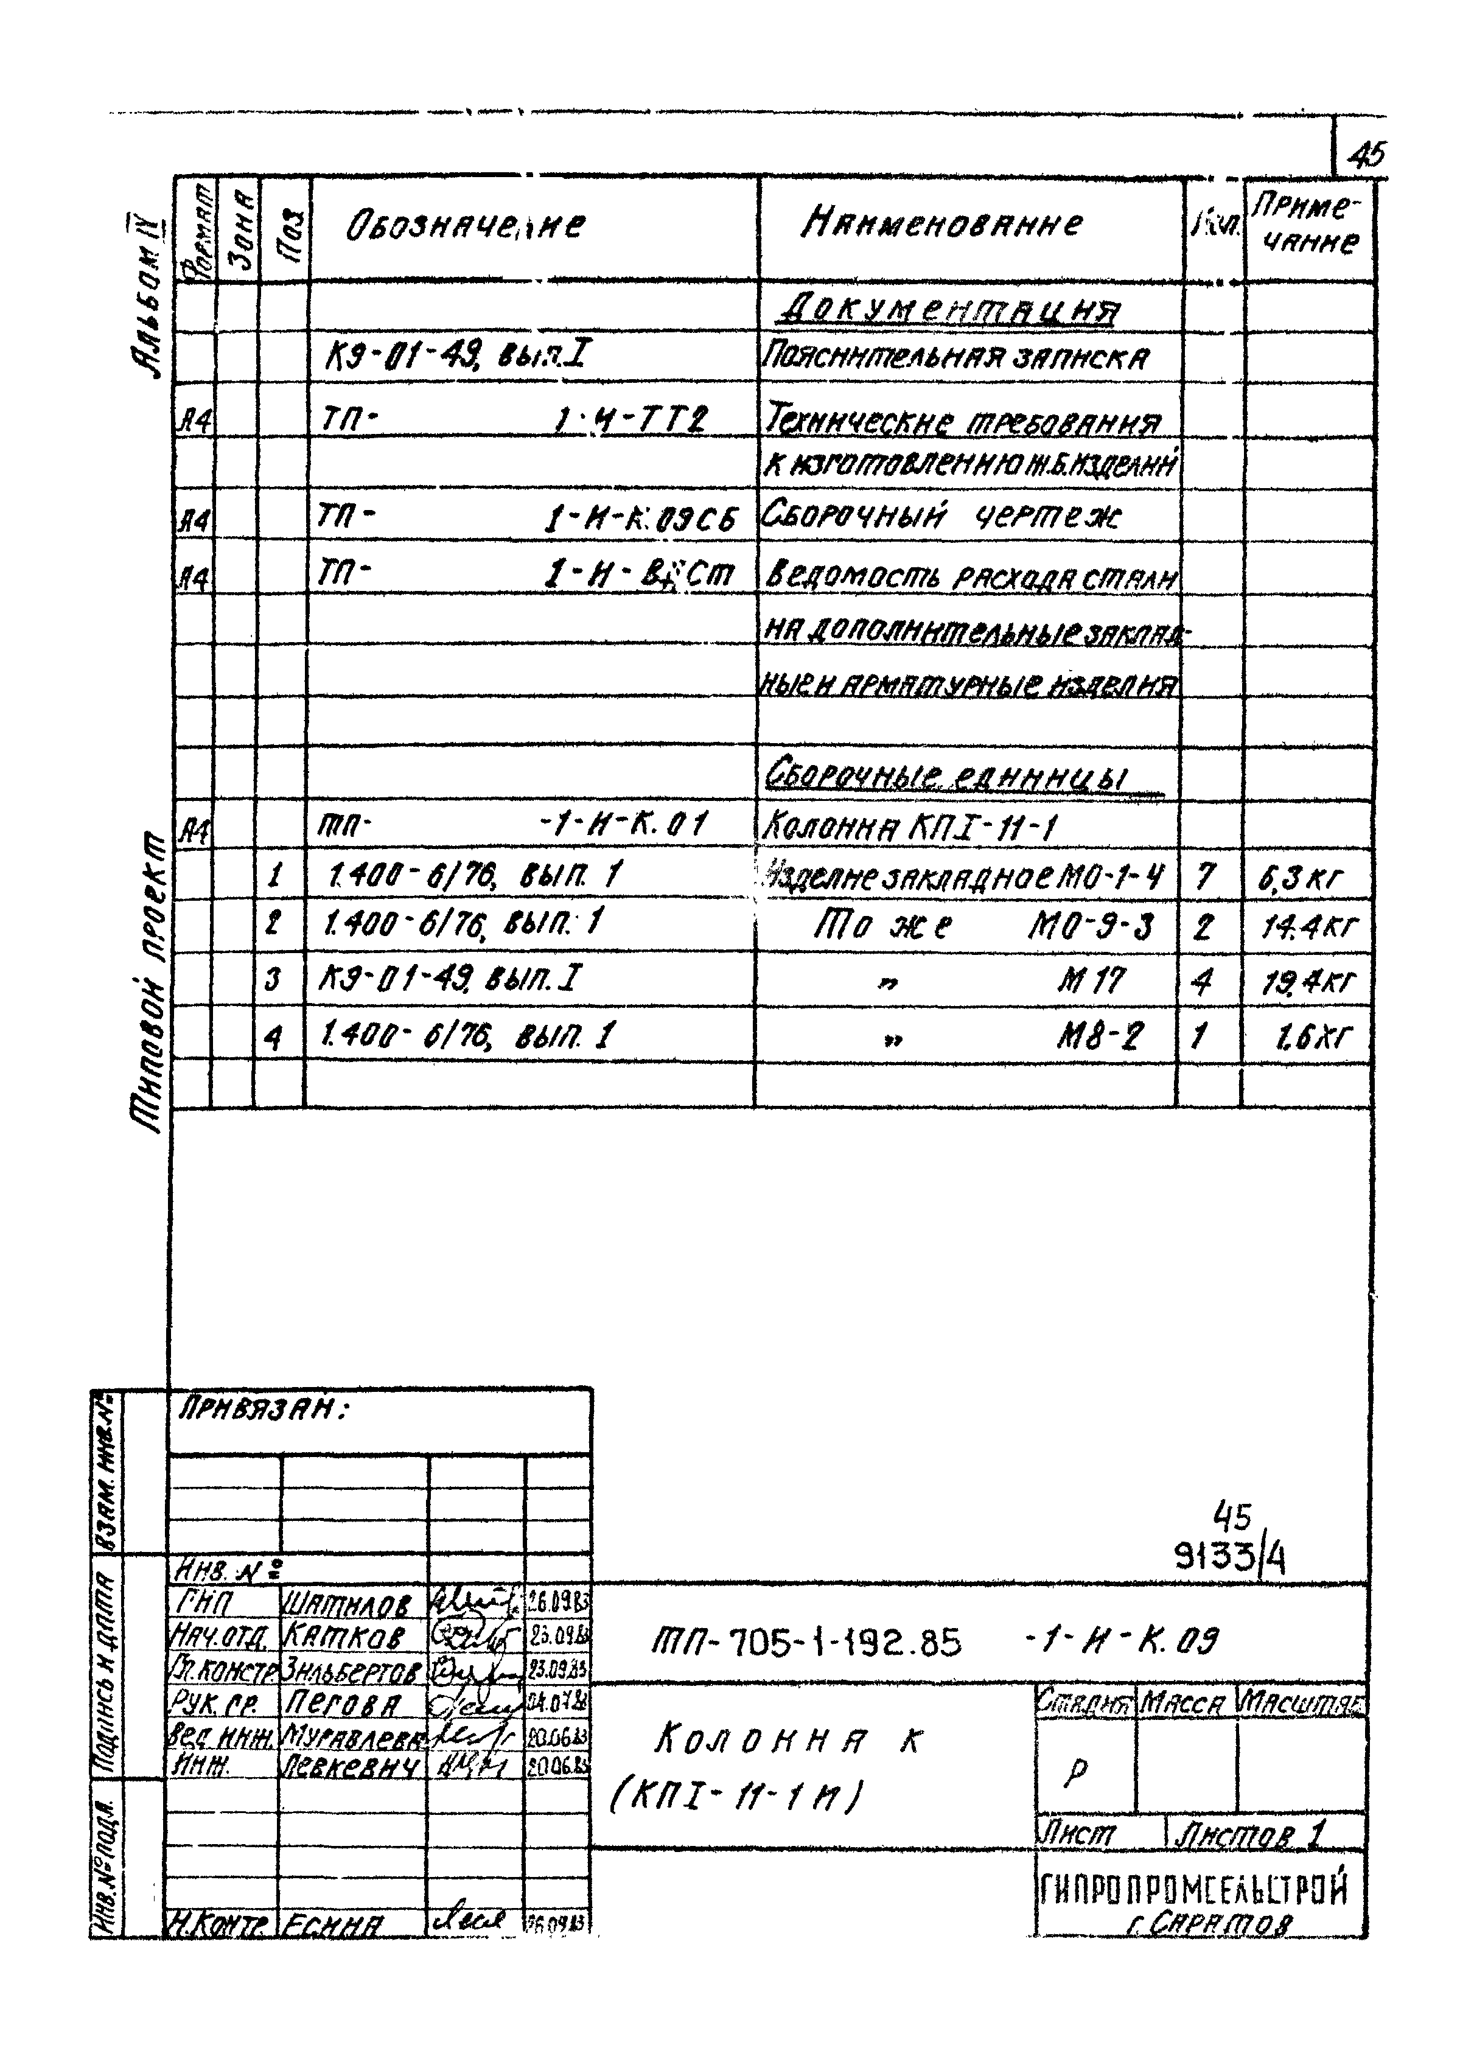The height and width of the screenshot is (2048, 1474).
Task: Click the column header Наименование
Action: pos(941,223)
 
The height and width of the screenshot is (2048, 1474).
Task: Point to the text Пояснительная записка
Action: pos(955,360)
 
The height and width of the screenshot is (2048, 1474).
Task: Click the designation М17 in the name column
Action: pos(1091,980)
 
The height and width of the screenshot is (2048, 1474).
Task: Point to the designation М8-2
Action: pos(1100,1035)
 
